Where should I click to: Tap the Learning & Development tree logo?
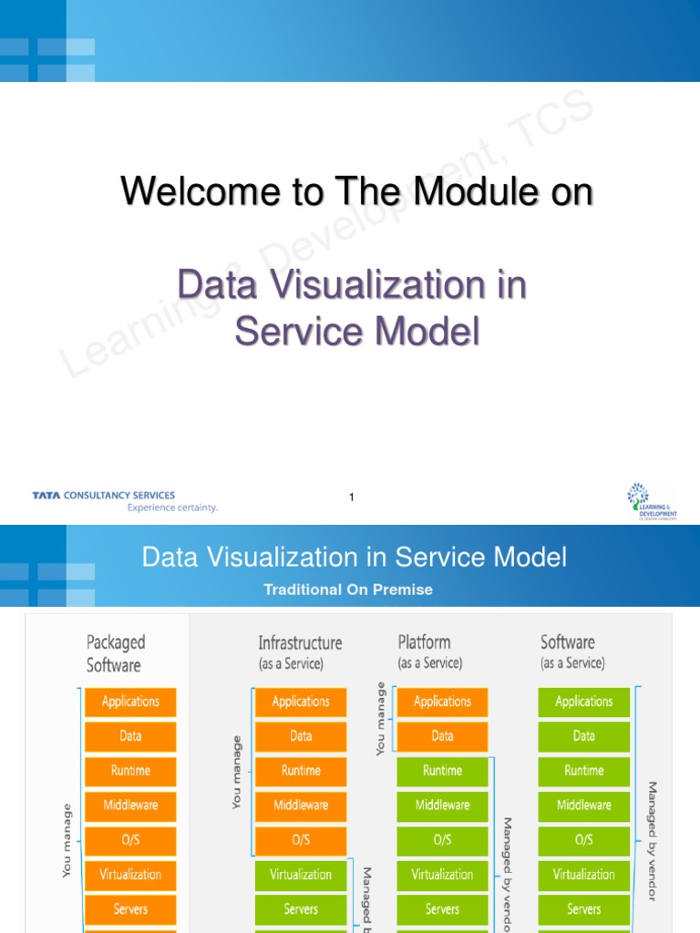[652, 502]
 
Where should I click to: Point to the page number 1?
[351, 497]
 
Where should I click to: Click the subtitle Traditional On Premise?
[348, 590]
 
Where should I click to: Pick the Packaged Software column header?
[115, 653]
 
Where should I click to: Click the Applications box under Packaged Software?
[130, 702]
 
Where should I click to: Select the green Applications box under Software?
[583, 702]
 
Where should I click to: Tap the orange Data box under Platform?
[442, 736]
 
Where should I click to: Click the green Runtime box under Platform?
[442, 771]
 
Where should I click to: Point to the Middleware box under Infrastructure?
[301, 805]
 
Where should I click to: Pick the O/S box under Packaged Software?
[130, 840]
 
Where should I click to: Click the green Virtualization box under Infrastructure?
[301, 875]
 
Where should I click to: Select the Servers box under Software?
[583, 909]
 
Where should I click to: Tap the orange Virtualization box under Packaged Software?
[130, 875]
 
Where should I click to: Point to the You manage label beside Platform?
[381, 720]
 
